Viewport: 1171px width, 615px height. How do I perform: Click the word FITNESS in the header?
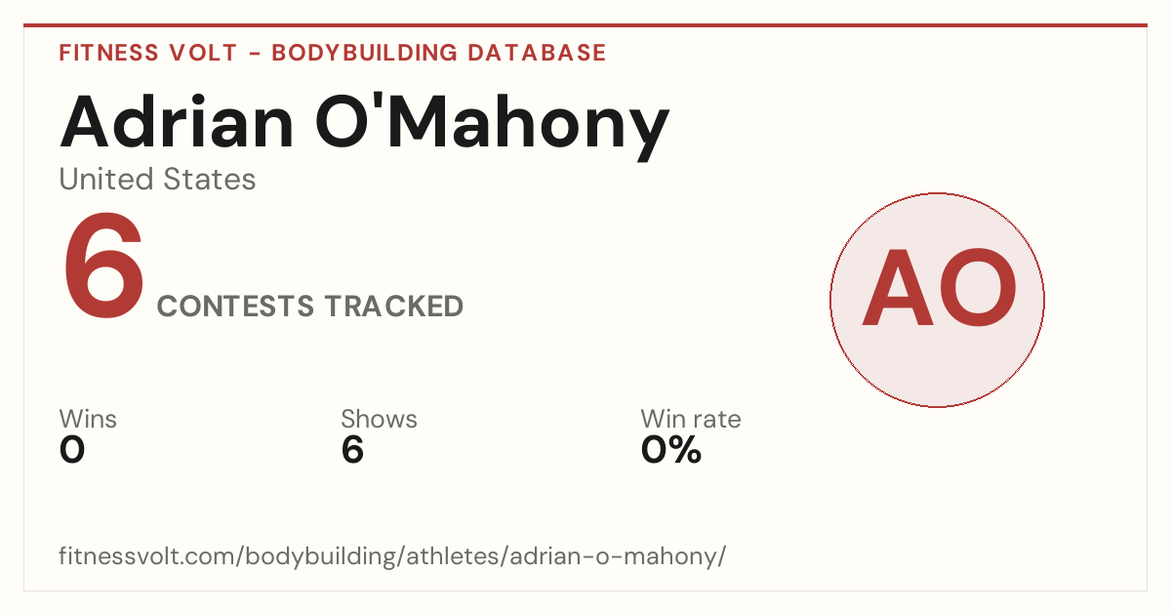click(108, 53)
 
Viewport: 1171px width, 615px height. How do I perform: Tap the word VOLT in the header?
click(203, 53)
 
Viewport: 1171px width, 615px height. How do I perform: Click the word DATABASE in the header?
click(537, 53)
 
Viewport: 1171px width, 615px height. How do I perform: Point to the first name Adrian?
click(177, 122)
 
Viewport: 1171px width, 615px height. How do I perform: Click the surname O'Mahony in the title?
click(493, 126)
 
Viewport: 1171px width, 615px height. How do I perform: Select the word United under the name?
click(106, 179)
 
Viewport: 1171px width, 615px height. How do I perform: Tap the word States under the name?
click(209, 180)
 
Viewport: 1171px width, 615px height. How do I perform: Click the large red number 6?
click(103, 266)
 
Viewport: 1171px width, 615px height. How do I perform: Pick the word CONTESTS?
click(236, 307)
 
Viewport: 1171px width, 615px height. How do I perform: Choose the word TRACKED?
click(393, 307)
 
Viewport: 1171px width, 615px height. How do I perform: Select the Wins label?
click(88, 419)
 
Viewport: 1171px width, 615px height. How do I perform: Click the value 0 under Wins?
click(72, 450)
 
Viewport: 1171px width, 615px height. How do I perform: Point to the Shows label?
click(379, 419)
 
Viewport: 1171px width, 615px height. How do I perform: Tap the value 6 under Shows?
click(352, 450)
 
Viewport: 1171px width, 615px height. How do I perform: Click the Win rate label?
click(691, 419)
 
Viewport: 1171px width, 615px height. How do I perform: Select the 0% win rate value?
click(671, 450)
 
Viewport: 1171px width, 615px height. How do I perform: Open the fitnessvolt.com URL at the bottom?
click(392, 555)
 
